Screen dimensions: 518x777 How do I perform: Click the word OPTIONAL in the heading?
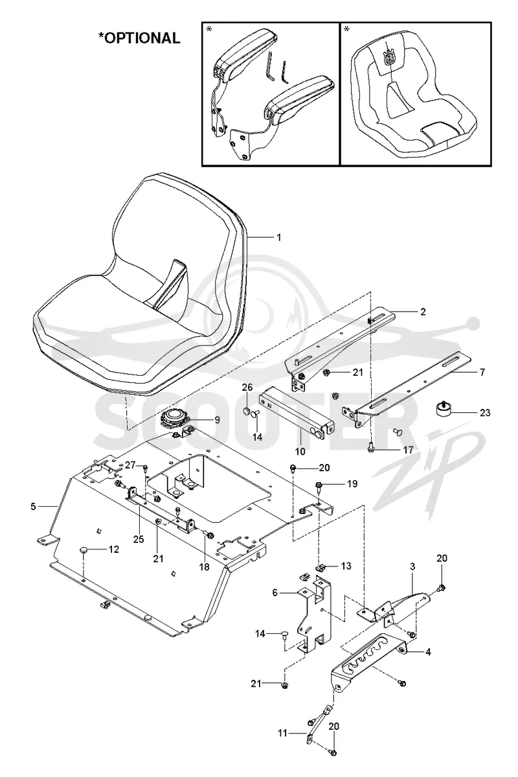point(142,38)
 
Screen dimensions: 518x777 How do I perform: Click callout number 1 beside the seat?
point(279,238)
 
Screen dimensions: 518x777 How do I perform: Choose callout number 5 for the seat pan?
point(33,506)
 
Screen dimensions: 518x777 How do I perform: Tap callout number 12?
point(114,549)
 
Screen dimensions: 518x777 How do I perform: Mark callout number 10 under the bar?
point(300,452)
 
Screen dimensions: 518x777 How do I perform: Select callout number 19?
point(352,483)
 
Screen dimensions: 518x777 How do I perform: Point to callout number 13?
point(346,566)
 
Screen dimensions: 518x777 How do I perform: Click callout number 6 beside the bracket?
point(289,593)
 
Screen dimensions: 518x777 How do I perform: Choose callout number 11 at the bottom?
point(282,733)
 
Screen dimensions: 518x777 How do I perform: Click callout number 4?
point(428,652)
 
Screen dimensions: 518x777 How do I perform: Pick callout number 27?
point(129,465)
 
